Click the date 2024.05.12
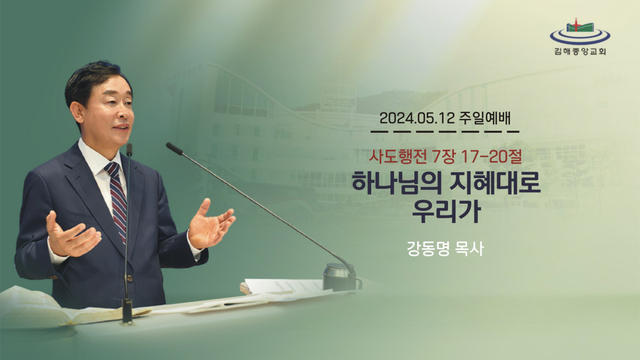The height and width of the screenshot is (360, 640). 417,118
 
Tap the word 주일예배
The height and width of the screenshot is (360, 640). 485,118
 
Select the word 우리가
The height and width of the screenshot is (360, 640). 446,211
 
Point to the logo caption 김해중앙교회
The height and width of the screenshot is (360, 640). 580,51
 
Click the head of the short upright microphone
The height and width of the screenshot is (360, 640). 129,149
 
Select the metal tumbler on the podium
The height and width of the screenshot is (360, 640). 340,277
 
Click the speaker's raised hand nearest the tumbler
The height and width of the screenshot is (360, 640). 211,225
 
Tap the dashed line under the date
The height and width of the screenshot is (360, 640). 445,132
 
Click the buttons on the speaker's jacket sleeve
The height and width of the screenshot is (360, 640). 53,277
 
